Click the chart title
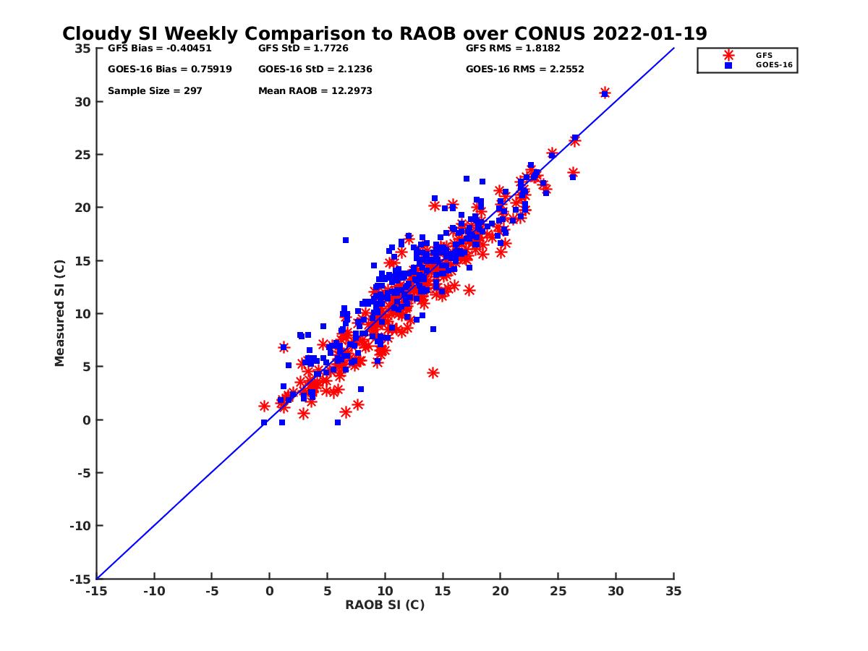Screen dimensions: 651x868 [x=384, y=34]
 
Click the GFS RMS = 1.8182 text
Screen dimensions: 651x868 [x=513, y=48]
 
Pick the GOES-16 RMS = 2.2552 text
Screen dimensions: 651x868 [x=524, y=69]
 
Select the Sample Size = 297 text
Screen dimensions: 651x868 [x=155, y=91]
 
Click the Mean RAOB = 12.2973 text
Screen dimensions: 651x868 [x=315, y=91]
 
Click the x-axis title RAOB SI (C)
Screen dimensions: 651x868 [x=384, y=605]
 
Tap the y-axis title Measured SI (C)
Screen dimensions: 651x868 [x=60, y=313]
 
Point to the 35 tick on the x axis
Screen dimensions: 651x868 [x=673, y=591]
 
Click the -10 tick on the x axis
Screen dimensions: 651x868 [x=154, y=591]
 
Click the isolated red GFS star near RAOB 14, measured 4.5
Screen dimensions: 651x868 [x=433, y=373]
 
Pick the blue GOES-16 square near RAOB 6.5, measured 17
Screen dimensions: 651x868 [x=346, y=240]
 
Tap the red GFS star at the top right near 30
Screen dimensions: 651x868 [x=605, y=92]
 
